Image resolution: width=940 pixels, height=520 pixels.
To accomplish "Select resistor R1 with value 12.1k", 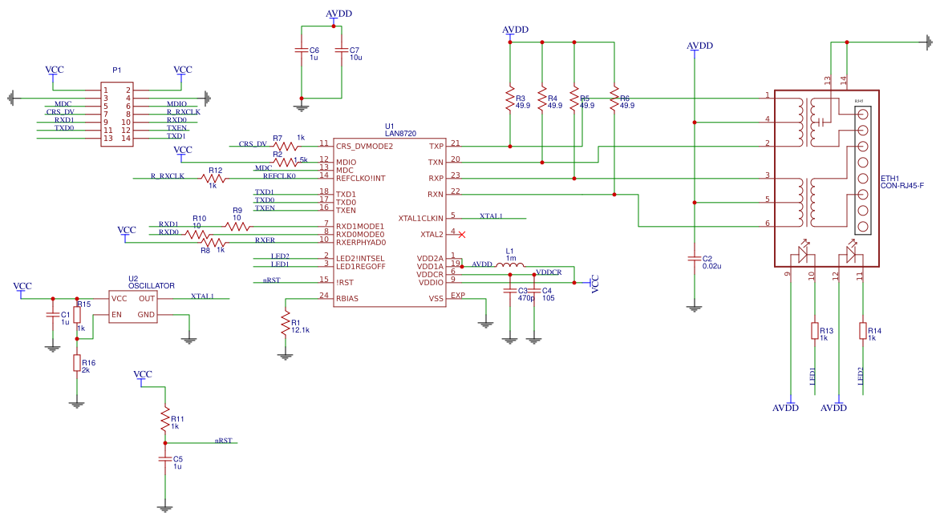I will coord(285,323).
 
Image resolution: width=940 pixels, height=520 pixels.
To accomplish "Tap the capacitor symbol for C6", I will coord(302,54).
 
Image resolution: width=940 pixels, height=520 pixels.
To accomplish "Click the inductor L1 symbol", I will coord(510,266).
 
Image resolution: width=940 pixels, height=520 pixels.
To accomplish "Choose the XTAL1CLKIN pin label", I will coord(421,217).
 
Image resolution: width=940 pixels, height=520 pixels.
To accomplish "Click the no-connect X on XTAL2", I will coord(461,234).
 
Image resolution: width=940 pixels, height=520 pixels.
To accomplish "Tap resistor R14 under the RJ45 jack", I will coord(863,331).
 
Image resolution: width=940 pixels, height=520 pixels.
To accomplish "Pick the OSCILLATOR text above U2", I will coord(152,285).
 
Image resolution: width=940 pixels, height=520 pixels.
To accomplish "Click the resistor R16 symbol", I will coord(77,363).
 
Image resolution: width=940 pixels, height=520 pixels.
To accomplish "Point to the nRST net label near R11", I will coord(223,441).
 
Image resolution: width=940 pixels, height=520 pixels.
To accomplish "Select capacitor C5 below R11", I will coord(165,460).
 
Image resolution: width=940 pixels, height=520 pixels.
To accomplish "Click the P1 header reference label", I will coord(117,71).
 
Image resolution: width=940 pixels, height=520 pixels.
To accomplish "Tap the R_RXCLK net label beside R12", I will coord(168,175).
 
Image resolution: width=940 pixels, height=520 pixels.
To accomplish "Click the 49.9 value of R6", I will coord(626,105).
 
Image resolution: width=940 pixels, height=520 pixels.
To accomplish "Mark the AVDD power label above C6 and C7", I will coord(338,14).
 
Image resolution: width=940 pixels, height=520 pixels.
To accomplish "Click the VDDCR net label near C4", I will coord(549,272).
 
